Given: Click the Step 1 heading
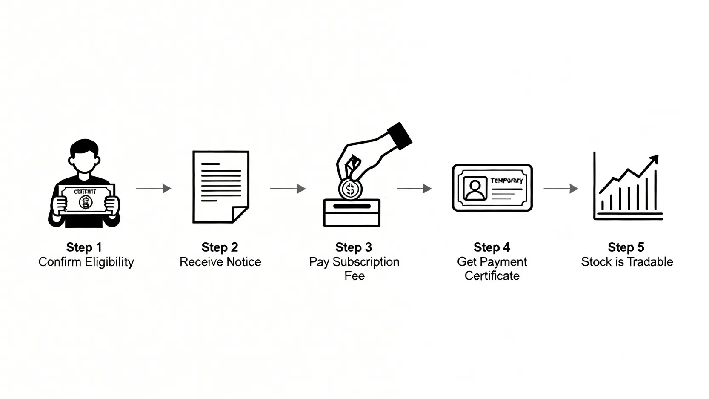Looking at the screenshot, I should click(84, 247).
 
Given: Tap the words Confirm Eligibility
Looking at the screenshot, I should click(86, 262).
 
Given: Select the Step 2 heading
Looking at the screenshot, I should click(220, 247).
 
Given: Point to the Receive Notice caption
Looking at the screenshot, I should click(220, 262).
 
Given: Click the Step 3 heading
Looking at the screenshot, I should click(353, 247).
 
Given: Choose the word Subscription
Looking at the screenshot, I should click(366, 262).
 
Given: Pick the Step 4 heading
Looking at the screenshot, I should click(492, 247).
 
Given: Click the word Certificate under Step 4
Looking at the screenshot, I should click(492, 276).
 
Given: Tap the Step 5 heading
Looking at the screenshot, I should click(626, 247).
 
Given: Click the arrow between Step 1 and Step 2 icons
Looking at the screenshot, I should click(154, 188).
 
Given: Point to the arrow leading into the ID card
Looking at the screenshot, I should click(414, 188).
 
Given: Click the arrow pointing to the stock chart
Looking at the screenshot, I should click(561, 188).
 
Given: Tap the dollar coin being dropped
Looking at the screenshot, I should click(350, 189).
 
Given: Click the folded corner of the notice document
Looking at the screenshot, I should click(241, 214).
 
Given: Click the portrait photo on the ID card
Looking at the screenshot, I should click(475, 188).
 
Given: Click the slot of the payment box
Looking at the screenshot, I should click(352, 206).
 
